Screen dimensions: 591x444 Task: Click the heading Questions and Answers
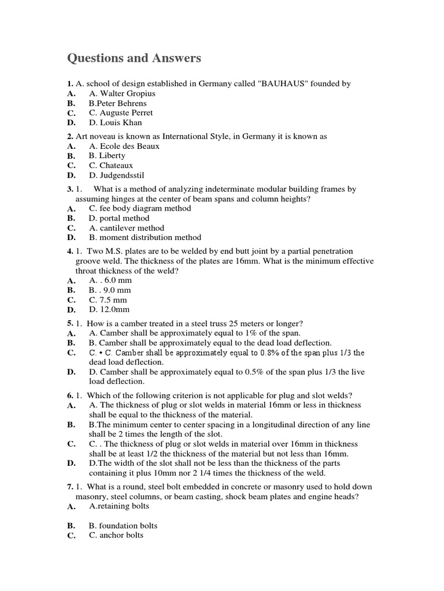pos(134,58)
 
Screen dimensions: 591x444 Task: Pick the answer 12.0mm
pos(108,310)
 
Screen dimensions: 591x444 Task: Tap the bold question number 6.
pos(70,395)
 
